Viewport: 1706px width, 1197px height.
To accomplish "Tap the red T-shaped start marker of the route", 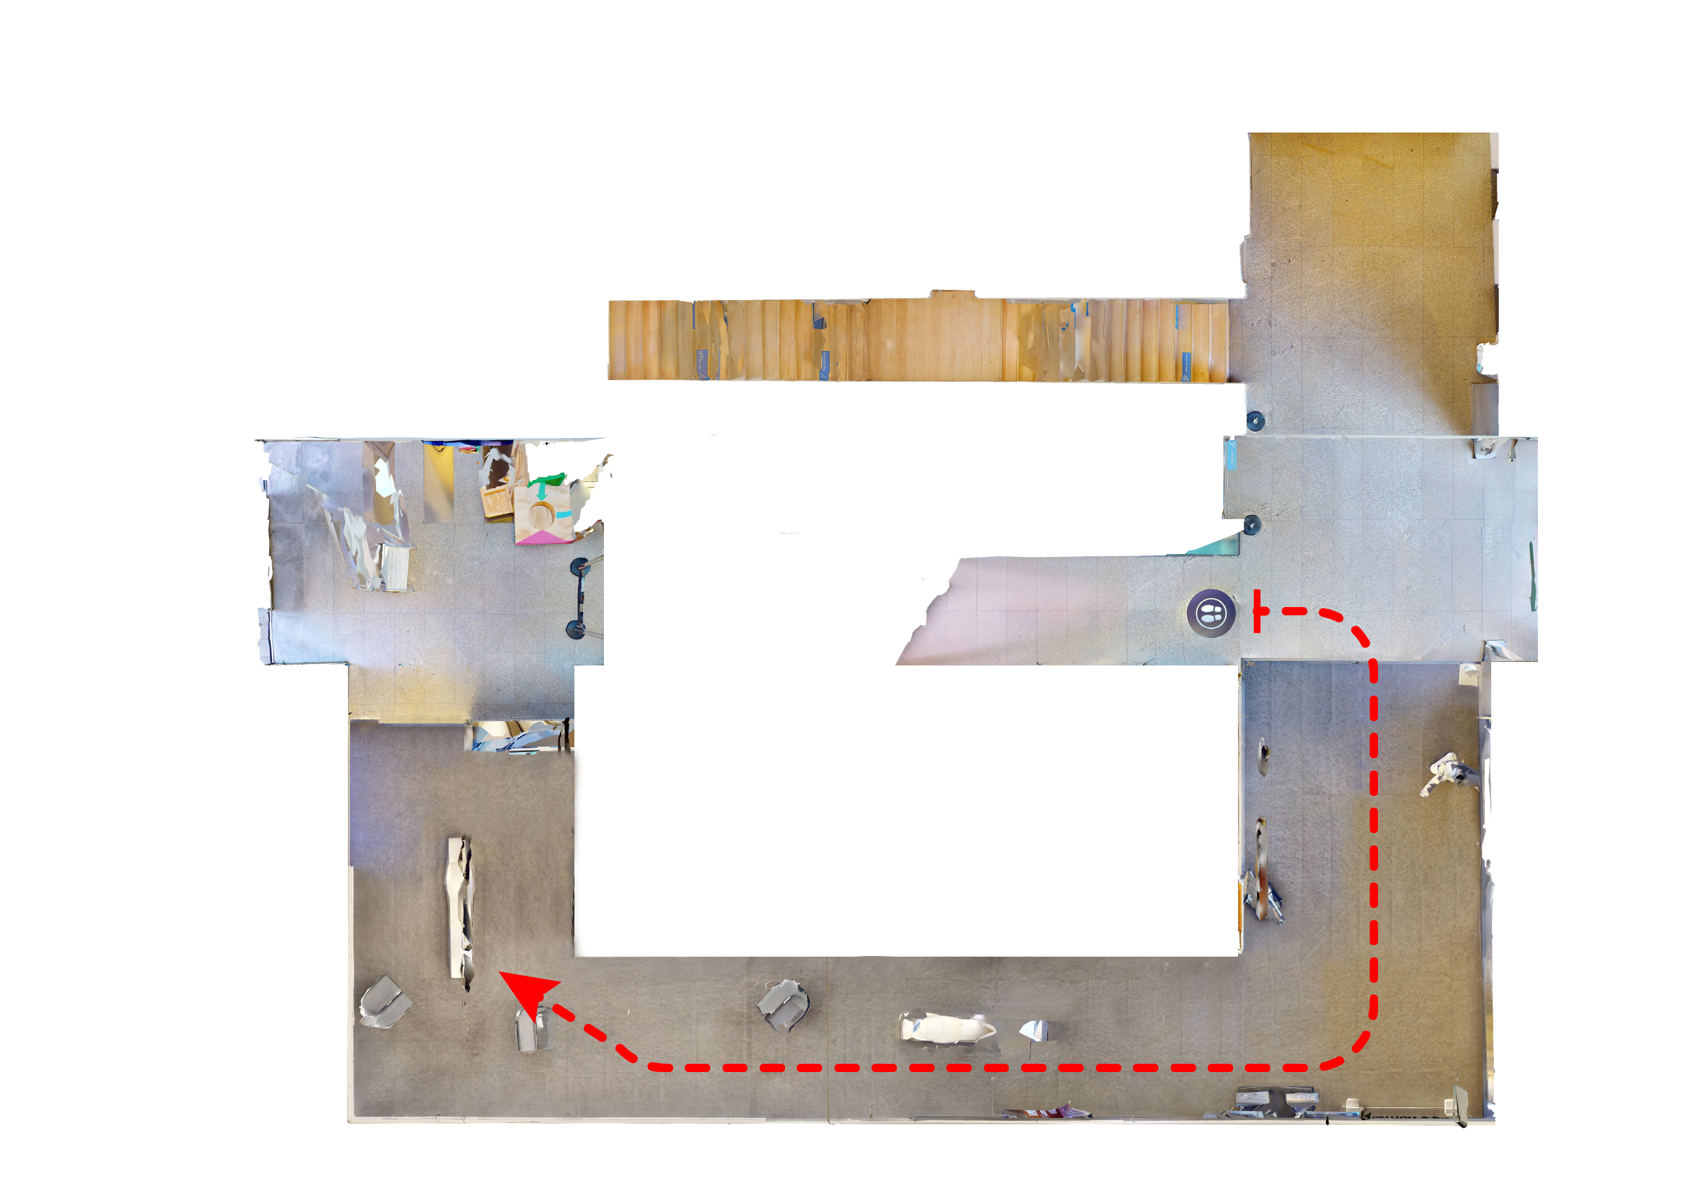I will click(x=1257, y=611).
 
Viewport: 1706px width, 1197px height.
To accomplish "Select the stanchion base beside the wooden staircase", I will click(x=1255, y=421).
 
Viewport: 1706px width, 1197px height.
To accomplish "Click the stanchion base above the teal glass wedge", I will click(x=1252, y=525).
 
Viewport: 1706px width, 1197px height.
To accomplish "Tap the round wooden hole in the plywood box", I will click(x=542, y=513).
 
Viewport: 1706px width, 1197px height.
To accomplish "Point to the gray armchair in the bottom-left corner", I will click(x=384, y=1001).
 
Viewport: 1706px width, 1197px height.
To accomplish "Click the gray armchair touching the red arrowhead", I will click(x=531, y=1029).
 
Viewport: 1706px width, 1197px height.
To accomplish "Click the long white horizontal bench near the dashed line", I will click(x=948, y=1029).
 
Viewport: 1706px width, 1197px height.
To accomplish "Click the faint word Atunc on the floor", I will click(x=1488, y=543).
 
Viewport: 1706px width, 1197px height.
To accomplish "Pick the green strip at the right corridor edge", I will click(x=1532, y=575).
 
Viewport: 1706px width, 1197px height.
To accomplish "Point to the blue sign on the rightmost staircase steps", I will click(x=1186, y=364).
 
